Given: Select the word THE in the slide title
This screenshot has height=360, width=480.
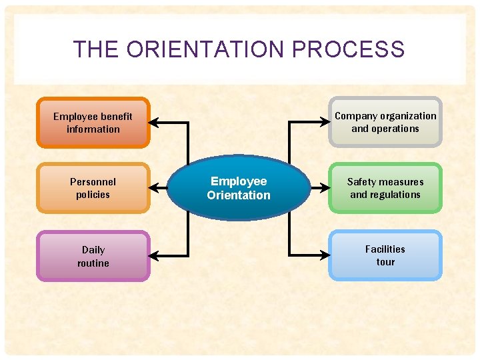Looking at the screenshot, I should tap(95, 49).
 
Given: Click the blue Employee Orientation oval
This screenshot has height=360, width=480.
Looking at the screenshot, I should tap(239, 188).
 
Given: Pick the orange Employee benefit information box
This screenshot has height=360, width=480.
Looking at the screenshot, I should tap(93, 123).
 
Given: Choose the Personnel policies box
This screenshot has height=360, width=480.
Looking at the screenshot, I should tap(93, 188).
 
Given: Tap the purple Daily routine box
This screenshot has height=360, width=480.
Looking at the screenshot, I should tap(93, 256).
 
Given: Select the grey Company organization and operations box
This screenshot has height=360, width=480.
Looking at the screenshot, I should tap(385, 122).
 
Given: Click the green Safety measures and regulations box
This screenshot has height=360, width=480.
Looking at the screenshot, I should tap(385, 188).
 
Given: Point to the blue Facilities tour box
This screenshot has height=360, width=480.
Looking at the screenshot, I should tap(385, 255).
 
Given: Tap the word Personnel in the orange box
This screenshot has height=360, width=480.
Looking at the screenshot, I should tap(93, 181).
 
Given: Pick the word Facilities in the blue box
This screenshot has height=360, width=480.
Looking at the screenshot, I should tap(385, 249).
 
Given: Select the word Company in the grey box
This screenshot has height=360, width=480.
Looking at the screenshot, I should tap(355, 115).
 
